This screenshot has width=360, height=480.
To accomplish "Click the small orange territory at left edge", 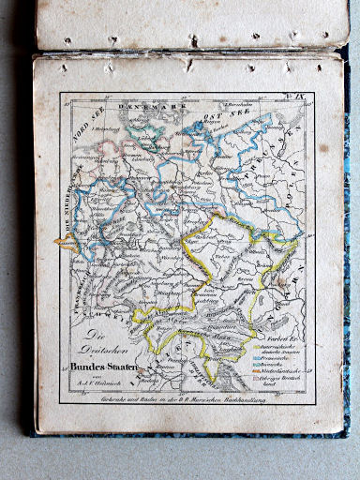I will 66,245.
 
